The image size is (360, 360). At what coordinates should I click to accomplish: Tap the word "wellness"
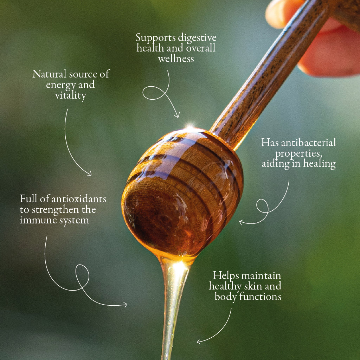pos(176,59)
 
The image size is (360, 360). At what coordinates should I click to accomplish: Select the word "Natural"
pos(49,74)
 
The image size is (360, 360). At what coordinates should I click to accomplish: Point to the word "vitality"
pos(70,96)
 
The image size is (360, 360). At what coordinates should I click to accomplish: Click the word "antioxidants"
pos(79,199)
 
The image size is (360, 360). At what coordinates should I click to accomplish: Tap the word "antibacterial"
pos(308,143)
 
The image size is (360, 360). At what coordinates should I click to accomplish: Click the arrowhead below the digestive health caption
pos(177,115)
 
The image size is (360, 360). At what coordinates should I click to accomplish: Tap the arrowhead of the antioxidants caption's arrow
pos(125,305)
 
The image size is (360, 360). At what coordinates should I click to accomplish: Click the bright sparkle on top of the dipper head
pos(190,127)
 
